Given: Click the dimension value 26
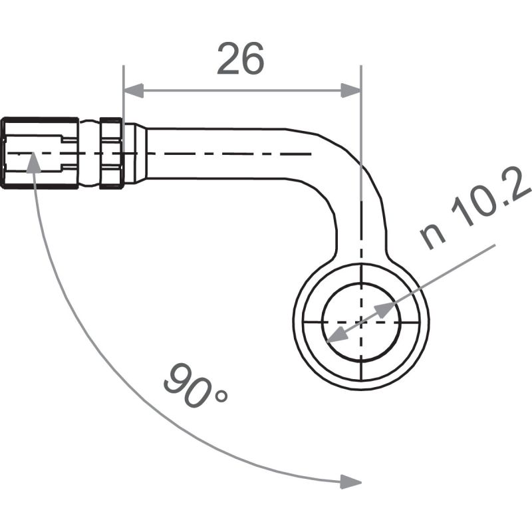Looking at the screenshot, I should (241, 60).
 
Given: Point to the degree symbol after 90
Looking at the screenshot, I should (220, 396).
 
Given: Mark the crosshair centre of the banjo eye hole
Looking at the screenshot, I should (361, 323).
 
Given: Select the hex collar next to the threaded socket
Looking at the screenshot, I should (110, 153).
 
